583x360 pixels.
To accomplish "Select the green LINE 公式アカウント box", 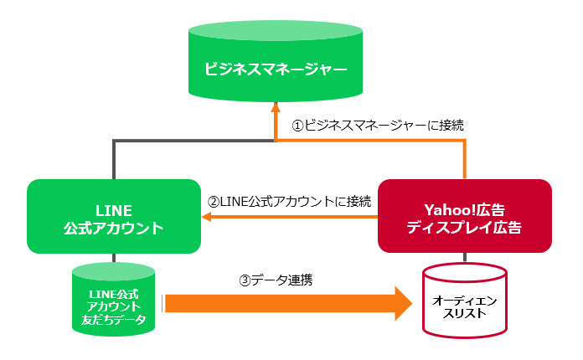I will (x=114, y=216).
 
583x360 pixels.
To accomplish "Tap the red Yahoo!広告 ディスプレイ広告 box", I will (x=465, y=216).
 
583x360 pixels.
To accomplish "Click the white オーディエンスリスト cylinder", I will (x=464, y=303).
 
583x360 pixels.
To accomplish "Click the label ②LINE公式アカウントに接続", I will (x=289, y=201).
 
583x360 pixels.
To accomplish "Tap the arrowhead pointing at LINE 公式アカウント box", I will (x=207, y=218).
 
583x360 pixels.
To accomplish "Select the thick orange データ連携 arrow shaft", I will (x=276, y=303).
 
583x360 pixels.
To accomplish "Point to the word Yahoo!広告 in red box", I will (x=465, y=207).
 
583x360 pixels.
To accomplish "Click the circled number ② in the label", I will (x=213, y=201).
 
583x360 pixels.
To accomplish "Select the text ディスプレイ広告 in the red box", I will (x=465, y=226).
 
